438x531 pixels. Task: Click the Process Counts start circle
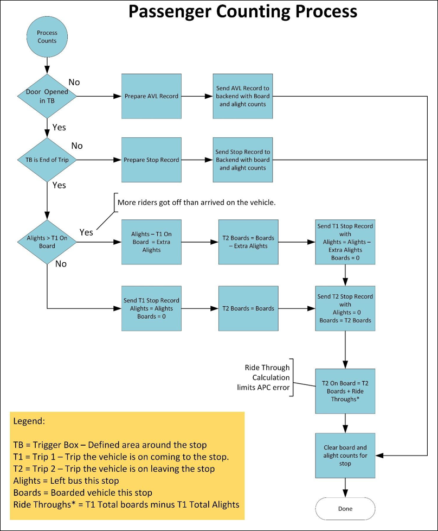(47, 37)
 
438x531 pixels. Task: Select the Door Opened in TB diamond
(47, 96)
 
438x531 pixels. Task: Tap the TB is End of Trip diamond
(47, 160)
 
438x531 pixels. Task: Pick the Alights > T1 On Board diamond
(47, 242)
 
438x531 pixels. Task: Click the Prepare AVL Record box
(152, 96)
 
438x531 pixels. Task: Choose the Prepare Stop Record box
(152, 160)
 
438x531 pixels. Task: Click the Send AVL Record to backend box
(243, 96)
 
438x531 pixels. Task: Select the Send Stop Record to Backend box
(243, 160)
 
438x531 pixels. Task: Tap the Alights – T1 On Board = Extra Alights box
(152, 242)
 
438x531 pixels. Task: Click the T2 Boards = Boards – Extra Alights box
(249, 242)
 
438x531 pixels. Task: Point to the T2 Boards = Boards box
(249, 308)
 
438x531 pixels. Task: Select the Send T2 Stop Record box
(345, 308)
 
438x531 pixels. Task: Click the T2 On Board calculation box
(345, 391)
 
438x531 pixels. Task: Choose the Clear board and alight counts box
(345, 456)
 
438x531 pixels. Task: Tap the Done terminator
(345, 509)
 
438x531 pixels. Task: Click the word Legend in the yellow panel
(28, 422)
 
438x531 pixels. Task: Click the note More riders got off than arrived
(197, 203)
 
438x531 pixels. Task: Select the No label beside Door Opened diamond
(74, 83)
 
